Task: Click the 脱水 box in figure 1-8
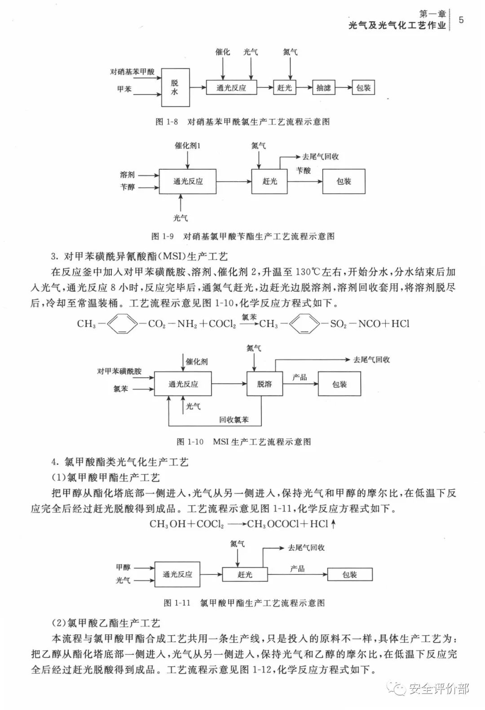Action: (x=174, y=88)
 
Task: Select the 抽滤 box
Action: (x=323, y=88)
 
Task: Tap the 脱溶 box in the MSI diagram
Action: (x=265, y=384)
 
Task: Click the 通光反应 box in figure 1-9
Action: (x=188, y=181)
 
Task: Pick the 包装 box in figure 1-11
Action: (x=349, y=574)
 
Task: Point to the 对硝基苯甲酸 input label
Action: (x=132, y=72)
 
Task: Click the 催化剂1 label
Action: (x=188, y=145)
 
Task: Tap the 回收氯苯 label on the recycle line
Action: (x=234, y=420)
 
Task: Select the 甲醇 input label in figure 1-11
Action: (x=123, y=567)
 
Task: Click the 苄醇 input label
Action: (x=128, y=187)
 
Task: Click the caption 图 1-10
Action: (x=190, y=442)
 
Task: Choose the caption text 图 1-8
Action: (x=167, y=122)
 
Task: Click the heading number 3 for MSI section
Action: (x=54, y=256)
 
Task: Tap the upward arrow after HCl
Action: (x=333, y=524)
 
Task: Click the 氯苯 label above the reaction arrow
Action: (x=249, y=317)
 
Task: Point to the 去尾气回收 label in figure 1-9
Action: (x=321, y=157)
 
